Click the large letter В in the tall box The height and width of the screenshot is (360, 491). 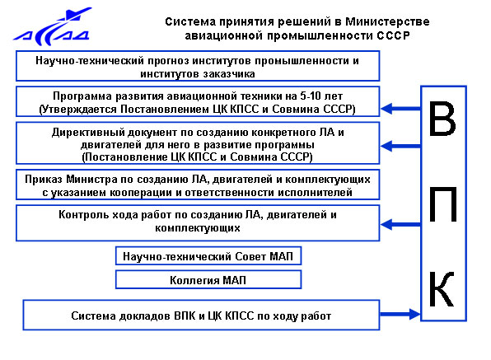(x=442, y=119)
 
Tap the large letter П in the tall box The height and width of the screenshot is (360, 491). (x=442, y=205)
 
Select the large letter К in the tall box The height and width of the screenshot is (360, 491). (x=442, y=289)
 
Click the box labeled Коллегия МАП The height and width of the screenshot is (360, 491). (x=208, y=279)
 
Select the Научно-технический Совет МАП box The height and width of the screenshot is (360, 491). (x=208, y=256)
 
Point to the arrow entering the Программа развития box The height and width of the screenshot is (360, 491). (x=401, y=109)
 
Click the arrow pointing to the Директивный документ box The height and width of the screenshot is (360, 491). (x=401, y=146)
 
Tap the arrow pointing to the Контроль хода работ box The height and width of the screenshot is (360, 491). (x=401, y=224)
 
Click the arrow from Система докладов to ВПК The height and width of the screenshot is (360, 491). (x=400, y=314)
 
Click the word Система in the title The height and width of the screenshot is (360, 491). (x=190, y=21)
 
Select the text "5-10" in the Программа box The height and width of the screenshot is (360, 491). (x=310, y=96)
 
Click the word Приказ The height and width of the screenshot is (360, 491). (x=44, y=180)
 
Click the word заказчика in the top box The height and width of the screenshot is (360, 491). (x=228, y=74)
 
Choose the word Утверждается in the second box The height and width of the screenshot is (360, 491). (x=78, y=110)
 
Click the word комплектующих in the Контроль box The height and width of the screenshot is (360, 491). (x=198, y=228)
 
